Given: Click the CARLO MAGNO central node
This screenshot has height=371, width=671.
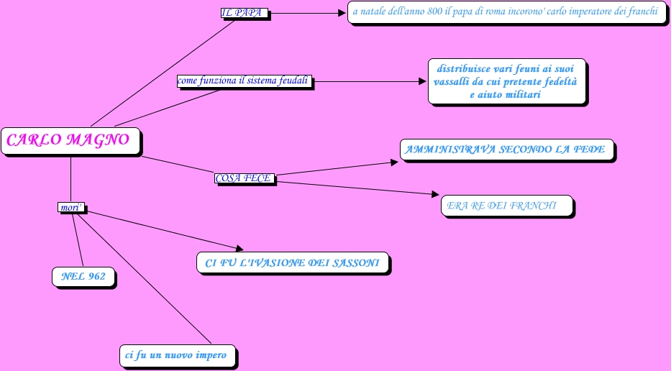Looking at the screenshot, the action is (69, 140).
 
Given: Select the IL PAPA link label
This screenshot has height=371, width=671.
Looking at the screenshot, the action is (244, 13).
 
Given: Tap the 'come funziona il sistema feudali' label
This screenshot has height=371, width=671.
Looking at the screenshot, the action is (245, 81).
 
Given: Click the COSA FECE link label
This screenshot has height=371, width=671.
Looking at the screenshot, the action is (245, 178).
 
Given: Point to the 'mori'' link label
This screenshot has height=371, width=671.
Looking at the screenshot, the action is (71, 208).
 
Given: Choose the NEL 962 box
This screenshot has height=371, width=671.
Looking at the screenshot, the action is (83, 276).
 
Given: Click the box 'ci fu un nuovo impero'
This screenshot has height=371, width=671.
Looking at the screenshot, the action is (177, 355).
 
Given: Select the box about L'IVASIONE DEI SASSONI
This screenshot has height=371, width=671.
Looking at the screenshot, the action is (292, 263).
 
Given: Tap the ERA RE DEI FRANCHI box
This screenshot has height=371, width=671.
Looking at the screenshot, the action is (506, 206).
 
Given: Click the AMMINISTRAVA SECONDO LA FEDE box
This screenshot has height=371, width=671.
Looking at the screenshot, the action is (506, 150).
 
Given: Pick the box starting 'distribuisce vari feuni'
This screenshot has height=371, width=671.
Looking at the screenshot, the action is (506, 81).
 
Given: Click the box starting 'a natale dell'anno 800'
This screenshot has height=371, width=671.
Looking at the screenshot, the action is (506, 12).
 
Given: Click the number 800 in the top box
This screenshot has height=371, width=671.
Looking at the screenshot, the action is (423, 12).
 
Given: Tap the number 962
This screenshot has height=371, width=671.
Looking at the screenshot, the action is (97, 276).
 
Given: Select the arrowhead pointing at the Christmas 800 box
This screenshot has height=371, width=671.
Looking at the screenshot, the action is (342, 12).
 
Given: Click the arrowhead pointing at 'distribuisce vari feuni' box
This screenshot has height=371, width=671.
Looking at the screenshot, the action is (423, 81).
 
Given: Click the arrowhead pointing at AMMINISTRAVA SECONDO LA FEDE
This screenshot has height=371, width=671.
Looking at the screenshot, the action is (393, 162).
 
